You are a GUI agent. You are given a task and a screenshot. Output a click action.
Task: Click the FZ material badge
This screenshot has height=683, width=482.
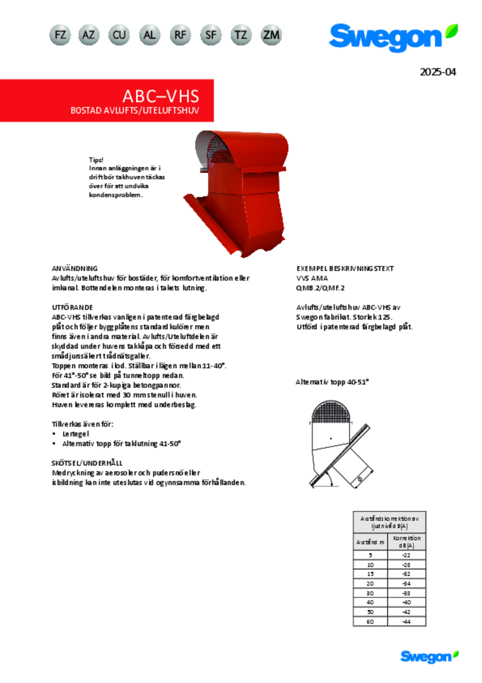[x=60, y=35]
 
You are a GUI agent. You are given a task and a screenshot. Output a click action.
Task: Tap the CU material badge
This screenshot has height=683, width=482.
[x=119, y=35]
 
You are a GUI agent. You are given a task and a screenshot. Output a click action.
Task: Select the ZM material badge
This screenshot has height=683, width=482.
[x=271, y=35]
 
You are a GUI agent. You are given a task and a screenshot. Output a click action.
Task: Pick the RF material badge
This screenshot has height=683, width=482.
[x=180, y=35]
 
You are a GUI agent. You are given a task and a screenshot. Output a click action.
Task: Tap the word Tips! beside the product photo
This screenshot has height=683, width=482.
[x=96, y=160]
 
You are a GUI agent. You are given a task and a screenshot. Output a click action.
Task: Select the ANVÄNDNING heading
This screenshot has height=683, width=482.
[x=75, y=268]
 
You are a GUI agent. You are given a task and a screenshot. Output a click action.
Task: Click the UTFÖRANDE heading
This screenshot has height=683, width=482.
[x=72, y=307]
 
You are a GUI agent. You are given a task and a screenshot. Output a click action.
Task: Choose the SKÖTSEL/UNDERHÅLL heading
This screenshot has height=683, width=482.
[x=87, y=463]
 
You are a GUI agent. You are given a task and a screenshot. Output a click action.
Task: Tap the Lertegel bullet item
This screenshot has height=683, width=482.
[x=76, y=434]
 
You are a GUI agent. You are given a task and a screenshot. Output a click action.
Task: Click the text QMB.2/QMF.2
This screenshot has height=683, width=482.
[x=320, y=288]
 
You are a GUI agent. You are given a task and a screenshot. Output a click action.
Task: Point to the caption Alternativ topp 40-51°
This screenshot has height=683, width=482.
[x=332, y=382]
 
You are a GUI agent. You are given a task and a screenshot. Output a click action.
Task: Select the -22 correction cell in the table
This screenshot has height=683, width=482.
[x=406, y=555]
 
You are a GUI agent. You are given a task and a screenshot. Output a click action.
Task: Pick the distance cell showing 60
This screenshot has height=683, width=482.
[x=370, y=621]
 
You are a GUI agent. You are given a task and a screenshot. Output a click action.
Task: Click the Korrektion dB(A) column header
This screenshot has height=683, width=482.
[x=406, y=542]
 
